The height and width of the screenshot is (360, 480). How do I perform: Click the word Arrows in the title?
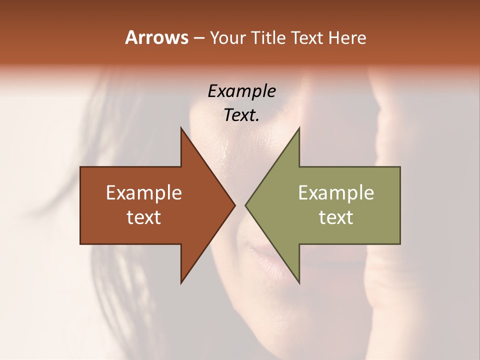click(x=156, y=37)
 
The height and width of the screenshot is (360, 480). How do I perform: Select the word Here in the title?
click(x=347, y=37)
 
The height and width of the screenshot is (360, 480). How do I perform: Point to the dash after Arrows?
click(x=198, y=38)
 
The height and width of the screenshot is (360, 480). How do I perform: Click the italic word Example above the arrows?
click(x=241, y=91)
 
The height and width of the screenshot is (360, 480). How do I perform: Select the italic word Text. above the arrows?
click(x=241, y=115)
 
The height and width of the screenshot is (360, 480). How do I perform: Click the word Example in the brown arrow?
click(x=144, y=192)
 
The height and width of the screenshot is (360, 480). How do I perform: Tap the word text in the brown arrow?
click(x=144, y=217)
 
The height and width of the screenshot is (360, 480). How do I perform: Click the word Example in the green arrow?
click(x=336, y=192)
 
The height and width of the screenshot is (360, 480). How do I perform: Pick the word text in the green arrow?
click(x=336, y=217)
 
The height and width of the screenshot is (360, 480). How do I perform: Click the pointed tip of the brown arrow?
click(x=235, y=205)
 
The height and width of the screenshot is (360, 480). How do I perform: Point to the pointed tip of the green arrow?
click(x=245, y=205)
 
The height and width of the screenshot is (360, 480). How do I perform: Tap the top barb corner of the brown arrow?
click(x=181, y=128)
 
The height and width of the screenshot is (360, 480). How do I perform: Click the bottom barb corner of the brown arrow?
click(x=181, y=283)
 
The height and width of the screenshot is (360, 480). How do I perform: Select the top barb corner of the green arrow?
click(x=299, y=128)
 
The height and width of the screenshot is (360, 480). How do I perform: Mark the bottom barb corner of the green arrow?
click(x=299, y=283)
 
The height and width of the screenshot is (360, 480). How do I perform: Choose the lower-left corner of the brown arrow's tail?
click(x=80, y=244)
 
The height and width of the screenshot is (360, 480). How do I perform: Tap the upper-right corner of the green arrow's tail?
click(x=400, y=167)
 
